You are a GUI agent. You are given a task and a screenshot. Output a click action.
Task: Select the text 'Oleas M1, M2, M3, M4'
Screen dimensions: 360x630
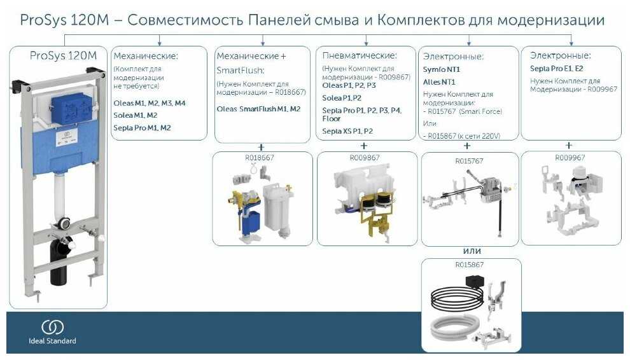150,102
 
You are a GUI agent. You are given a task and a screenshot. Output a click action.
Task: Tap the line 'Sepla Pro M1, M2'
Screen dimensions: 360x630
142,128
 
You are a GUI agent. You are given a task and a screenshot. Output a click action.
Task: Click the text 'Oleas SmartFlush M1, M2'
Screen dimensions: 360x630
258,109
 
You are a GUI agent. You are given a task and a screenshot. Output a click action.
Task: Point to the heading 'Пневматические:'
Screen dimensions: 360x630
360,56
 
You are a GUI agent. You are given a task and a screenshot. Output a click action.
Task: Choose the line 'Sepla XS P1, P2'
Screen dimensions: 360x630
347,131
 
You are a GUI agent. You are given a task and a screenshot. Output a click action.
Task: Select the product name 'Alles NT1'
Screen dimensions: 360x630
439,82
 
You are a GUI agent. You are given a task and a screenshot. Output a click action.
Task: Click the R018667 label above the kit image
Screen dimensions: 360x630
262,156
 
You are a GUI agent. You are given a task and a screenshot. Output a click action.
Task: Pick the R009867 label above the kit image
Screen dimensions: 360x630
365,156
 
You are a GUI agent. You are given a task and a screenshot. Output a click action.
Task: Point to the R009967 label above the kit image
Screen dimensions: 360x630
568,156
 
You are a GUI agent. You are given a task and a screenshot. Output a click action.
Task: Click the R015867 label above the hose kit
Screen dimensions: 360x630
469,264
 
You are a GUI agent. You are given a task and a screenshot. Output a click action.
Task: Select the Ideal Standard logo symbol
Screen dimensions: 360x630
53,327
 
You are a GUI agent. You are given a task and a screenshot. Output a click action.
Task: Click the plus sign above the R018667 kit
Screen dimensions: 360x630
262,146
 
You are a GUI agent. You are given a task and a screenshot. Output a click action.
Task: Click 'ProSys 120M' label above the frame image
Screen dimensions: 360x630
64,55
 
